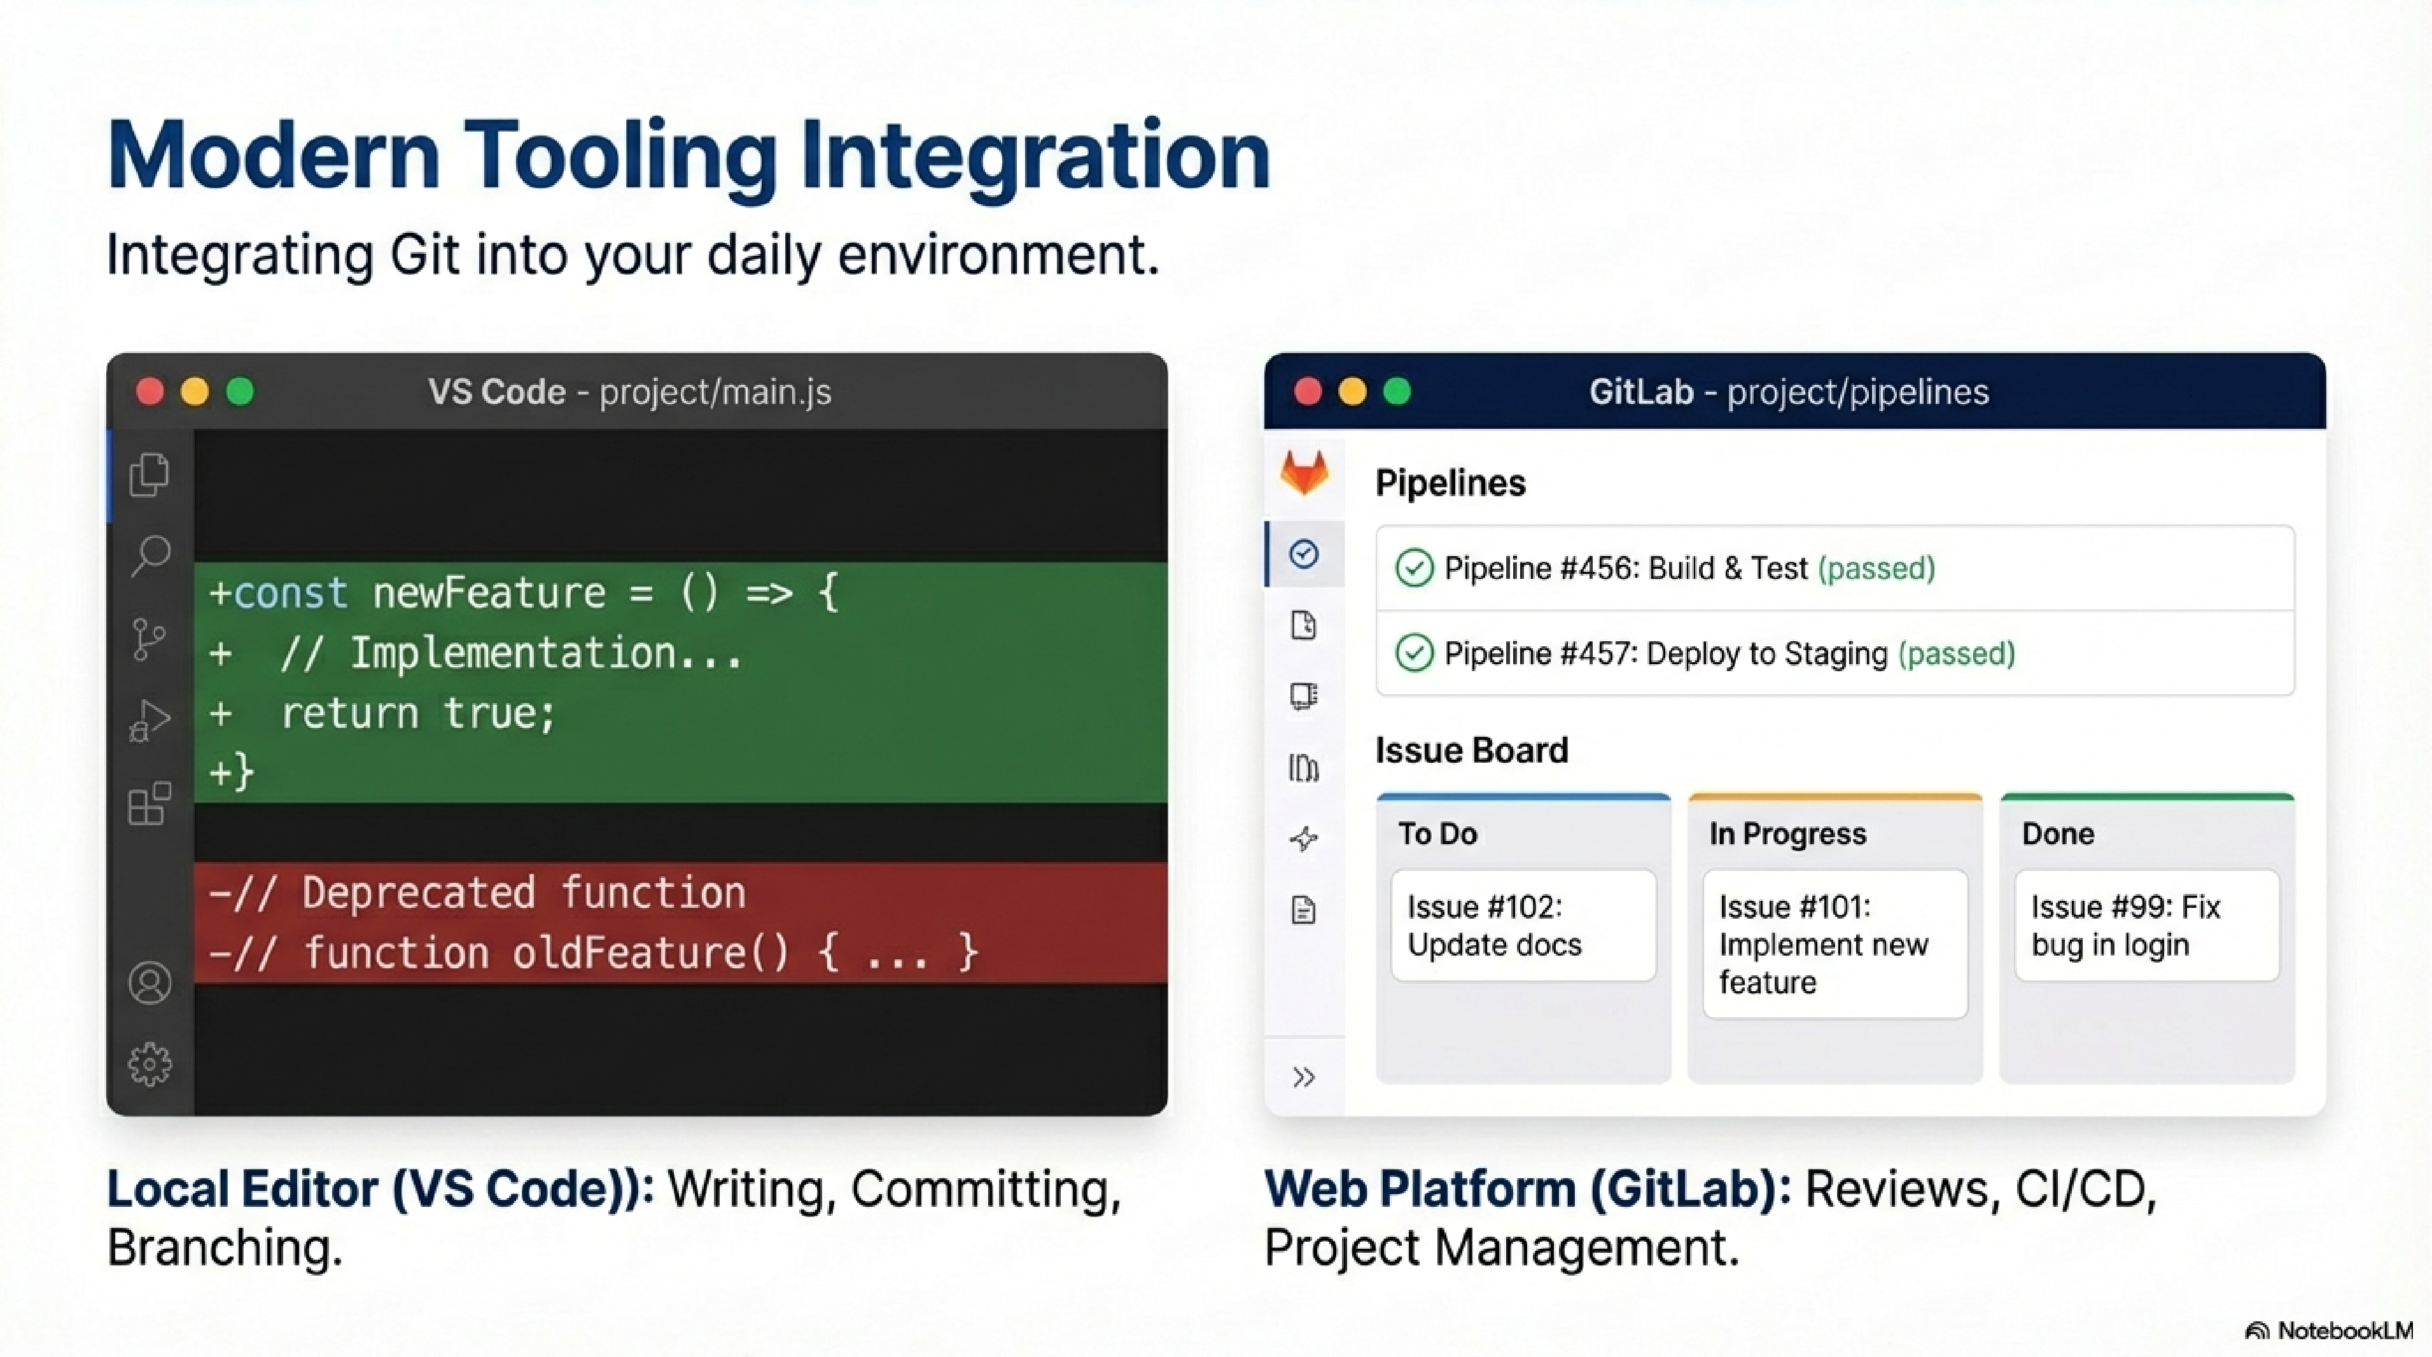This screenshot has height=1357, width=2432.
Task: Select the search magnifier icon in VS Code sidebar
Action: click(x=150, y=555)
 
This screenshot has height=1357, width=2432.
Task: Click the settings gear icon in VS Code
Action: click(x=150, y=1064)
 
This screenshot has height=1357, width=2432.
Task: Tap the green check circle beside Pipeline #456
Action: click(x=1413, y=568)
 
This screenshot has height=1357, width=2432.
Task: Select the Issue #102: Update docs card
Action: click(x=1523, y=925)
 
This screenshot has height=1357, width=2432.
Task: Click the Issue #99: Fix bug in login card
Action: click(x=2146, y=925)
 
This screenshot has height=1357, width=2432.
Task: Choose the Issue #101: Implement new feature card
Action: click(x=1834, y=943)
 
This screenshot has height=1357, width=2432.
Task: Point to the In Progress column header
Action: click(x=1787, y=833)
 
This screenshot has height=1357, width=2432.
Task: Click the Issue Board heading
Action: click(x=1471, y=750)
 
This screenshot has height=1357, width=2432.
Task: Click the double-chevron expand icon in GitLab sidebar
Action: click(x=1304, y=1076)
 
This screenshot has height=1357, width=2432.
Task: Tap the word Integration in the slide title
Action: click(x=1035, y=156)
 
